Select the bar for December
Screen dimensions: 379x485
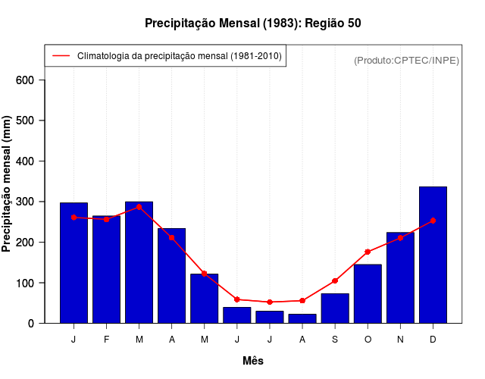pyautogui.click(x=433, y=255)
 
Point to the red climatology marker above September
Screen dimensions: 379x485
pyautogui.click(x=335, y=280)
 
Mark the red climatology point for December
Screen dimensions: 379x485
pyautogui.click(x=433, y=221)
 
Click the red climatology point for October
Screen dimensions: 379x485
pyautogui.click(x=368, y=252)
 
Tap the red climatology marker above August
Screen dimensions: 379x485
pyautogui.click(x=302, y=301)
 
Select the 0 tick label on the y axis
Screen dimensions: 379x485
pyautogui.click(x=40, y=324)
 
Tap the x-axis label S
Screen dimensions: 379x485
pyautogui.click(x=335, y=340)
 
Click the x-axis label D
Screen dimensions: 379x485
pyautogui.click(x=433, y=340)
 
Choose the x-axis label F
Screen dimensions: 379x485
pyautogui.click(x=106, y=340)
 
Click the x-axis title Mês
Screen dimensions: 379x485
pyautogui.click(x=253, y=361)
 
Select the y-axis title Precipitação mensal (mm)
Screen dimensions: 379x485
pyautogui.click(x=8, y=184)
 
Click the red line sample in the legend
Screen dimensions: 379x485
pyautogui.click(x=61, y=56)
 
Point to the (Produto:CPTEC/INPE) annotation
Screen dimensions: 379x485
pyautogui.click(x=406, y=60)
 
